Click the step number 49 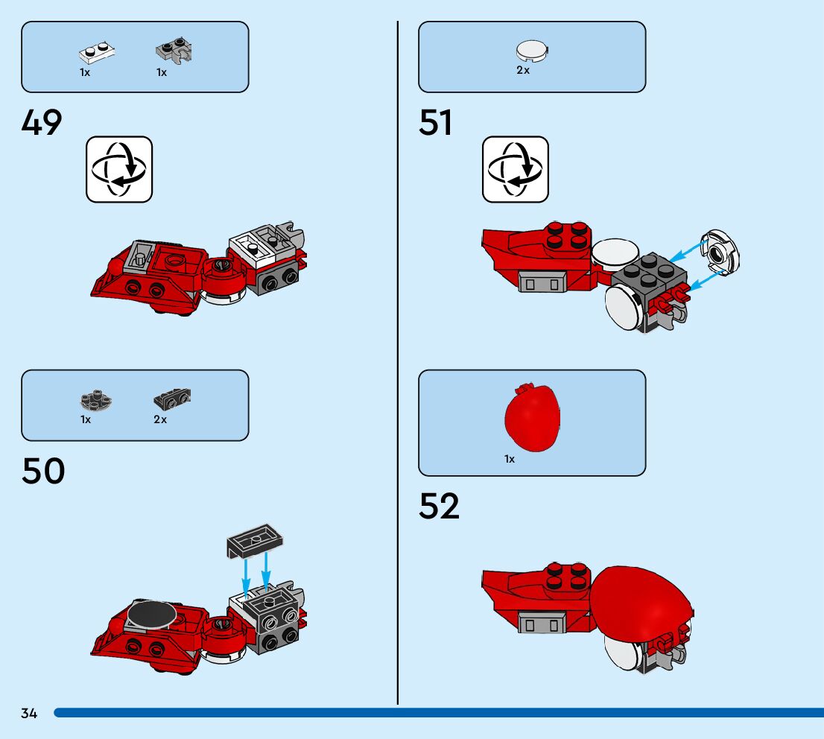pyautogui.click(x=42, y=122)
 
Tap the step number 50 pyautogui.click(x=43, y=471)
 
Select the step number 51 pyautogui.click(x=436, y=122)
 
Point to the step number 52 pyautogui.click(x=440, y=506)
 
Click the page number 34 pyautogui.click(x=29, y=714)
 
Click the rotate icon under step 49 pyautogui.click(x=119, y=169)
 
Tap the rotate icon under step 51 pyautogui.click(x=516, y=169)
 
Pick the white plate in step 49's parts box pyautogui.click(x=97, y=53)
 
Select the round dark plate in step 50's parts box pyautogui.click(x=95, y=402)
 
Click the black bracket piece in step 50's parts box pyautogui.click(x=172, y=399)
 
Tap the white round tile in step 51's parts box pyautogui.click(x=531, y=51)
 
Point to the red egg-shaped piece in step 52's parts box pyautogui.click(x=531, y=416)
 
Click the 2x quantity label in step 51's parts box pyautogui.click(x=523, y=71)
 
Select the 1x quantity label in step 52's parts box pyautogui.click(x=510, y=460)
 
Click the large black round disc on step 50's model pyautogui.click(x=152, y=615)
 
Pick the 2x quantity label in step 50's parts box pyautogui.click(x=160, y=420)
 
